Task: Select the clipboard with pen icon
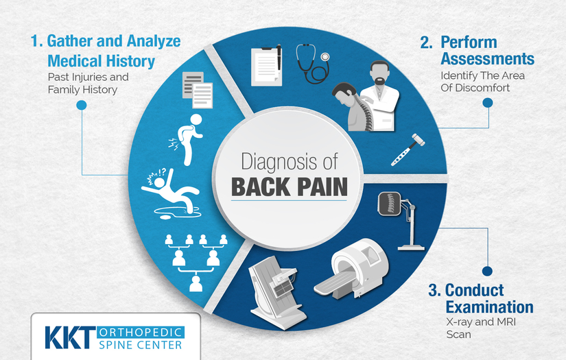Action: (267, 65)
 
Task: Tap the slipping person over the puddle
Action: (169, 192)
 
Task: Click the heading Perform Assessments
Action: (477, 51)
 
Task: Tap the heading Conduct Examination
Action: (480, 298)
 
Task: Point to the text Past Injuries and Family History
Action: (88, 83)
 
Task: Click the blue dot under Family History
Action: (81, 105)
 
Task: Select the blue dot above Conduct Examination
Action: (487, 272)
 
